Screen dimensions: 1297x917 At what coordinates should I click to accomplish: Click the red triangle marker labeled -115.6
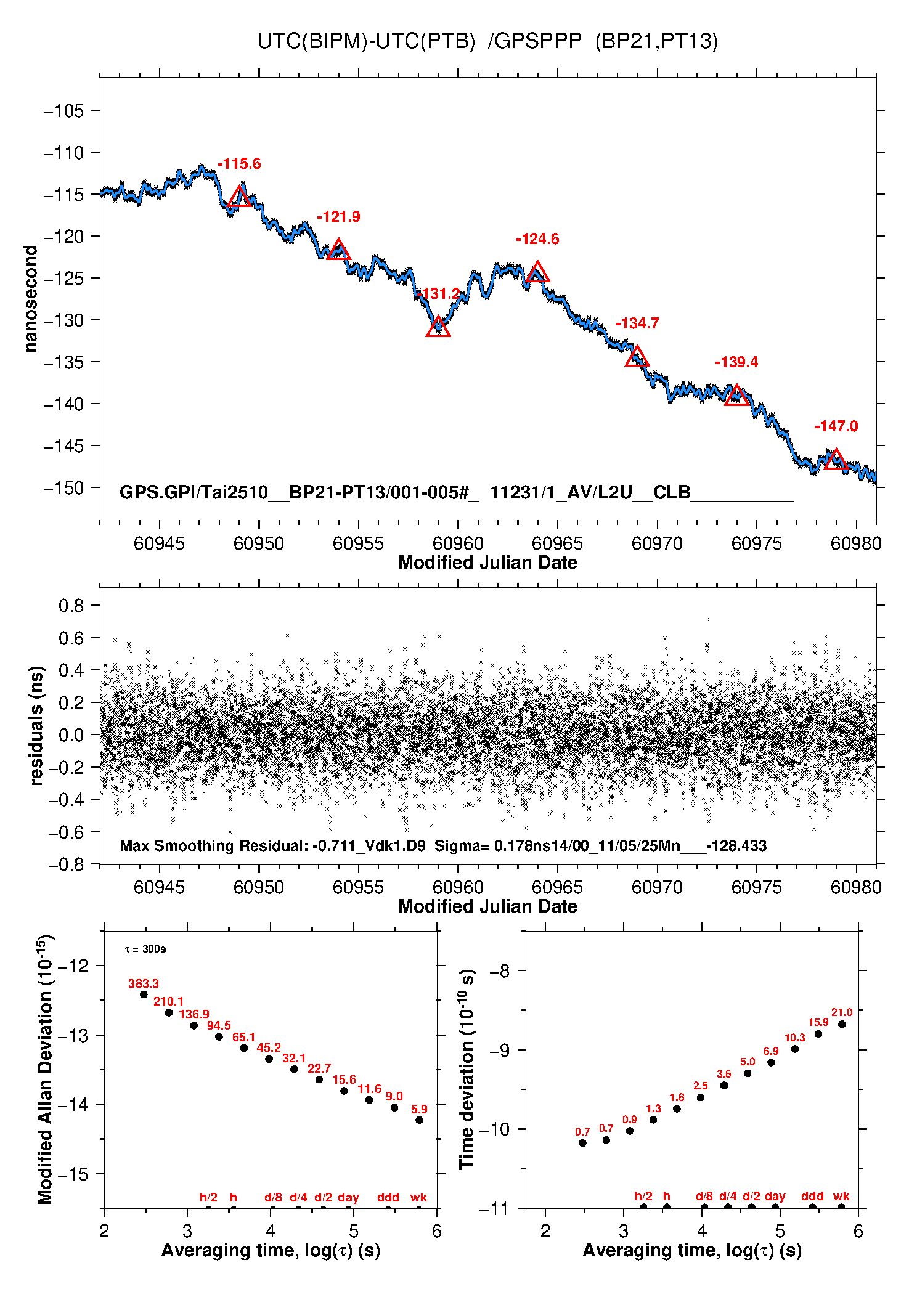240,198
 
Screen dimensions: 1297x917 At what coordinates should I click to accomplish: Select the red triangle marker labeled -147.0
836,460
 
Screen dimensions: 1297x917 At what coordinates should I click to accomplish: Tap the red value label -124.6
537,239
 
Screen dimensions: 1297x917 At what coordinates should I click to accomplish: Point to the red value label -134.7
637,323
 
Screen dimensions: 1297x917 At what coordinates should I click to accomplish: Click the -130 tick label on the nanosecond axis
63,320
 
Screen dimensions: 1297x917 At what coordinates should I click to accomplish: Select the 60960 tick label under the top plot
458,543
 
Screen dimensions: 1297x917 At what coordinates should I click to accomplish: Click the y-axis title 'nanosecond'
31,299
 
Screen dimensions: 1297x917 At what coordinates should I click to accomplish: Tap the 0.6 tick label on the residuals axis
71,638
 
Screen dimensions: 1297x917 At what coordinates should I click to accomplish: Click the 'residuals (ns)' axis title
37,725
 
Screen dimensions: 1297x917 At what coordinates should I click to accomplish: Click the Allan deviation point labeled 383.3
144,994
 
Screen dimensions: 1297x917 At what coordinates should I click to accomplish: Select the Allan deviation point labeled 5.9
419,1120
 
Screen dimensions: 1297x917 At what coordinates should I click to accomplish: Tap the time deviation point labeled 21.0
842,1024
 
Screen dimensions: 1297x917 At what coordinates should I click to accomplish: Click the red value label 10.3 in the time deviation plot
794,1038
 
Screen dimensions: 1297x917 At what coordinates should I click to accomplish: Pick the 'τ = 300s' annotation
145,949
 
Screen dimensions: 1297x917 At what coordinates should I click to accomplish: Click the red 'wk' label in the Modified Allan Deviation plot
418,1197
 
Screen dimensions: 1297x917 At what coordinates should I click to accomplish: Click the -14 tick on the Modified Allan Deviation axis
73,1104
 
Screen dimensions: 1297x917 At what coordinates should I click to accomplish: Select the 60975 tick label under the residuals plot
756,887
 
